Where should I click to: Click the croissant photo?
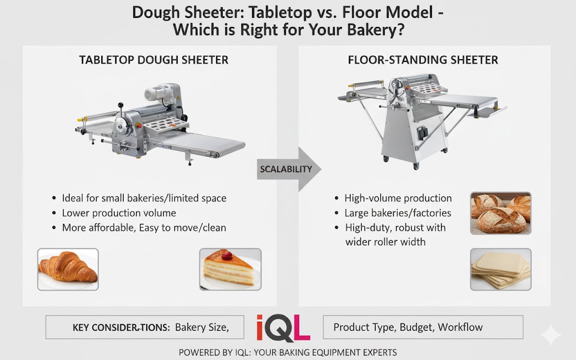tap(67, 269)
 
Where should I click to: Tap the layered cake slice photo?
tap(231, 269)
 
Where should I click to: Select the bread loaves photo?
tap(500, 213)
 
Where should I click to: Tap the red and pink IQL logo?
tap(283, 327)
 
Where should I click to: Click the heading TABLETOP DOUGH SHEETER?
tap(154, 60)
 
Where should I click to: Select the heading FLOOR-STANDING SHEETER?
tap(423, 60)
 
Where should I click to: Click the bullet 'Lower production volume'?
tap(119, 213)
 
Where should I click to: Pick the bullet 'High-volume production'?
tap(398, 198)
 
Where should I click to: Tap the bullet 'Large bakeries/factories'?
tap(398, 213)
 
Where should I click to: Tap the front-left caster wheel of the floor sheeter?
tap(386, 158)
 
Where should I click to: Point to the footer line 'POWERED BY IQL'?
tap(287, 352)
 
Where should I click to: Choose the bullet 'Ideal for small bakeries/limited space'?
tap(144, 198)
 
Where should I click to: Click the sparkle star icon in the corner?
tap(550, 336)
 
